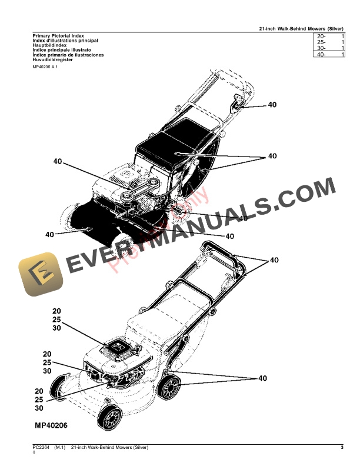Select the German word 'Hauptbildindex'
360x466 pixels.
[x=49, y=45]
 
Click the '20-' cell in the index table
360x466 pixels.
[x=321, y=36]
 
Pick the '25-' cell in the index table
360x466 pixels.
[x=321, y=42]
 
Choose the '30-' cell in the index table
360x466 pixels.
[x=321, y=48]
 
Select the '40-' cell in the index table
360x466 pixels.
[x=321, y=55]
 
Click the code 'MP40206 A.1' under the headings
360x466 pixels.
[x=48, y=68]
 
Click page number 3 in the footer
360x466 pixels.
[x=342, y=449]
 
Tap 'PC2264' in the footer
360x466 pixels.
[x=42, y=449]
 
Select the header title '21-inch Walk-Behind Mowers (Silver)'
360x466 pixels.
[x=301, y=29]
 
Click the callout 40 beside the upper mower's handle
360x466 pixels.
[x=272, y=105]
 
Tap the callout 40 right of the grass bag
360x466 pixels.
[x=272, y=156]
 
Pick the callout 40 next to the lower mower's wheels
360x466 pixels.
[x=262, y=378]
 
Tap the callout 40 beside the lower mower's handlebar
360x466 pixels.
[x=274, y=259]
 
